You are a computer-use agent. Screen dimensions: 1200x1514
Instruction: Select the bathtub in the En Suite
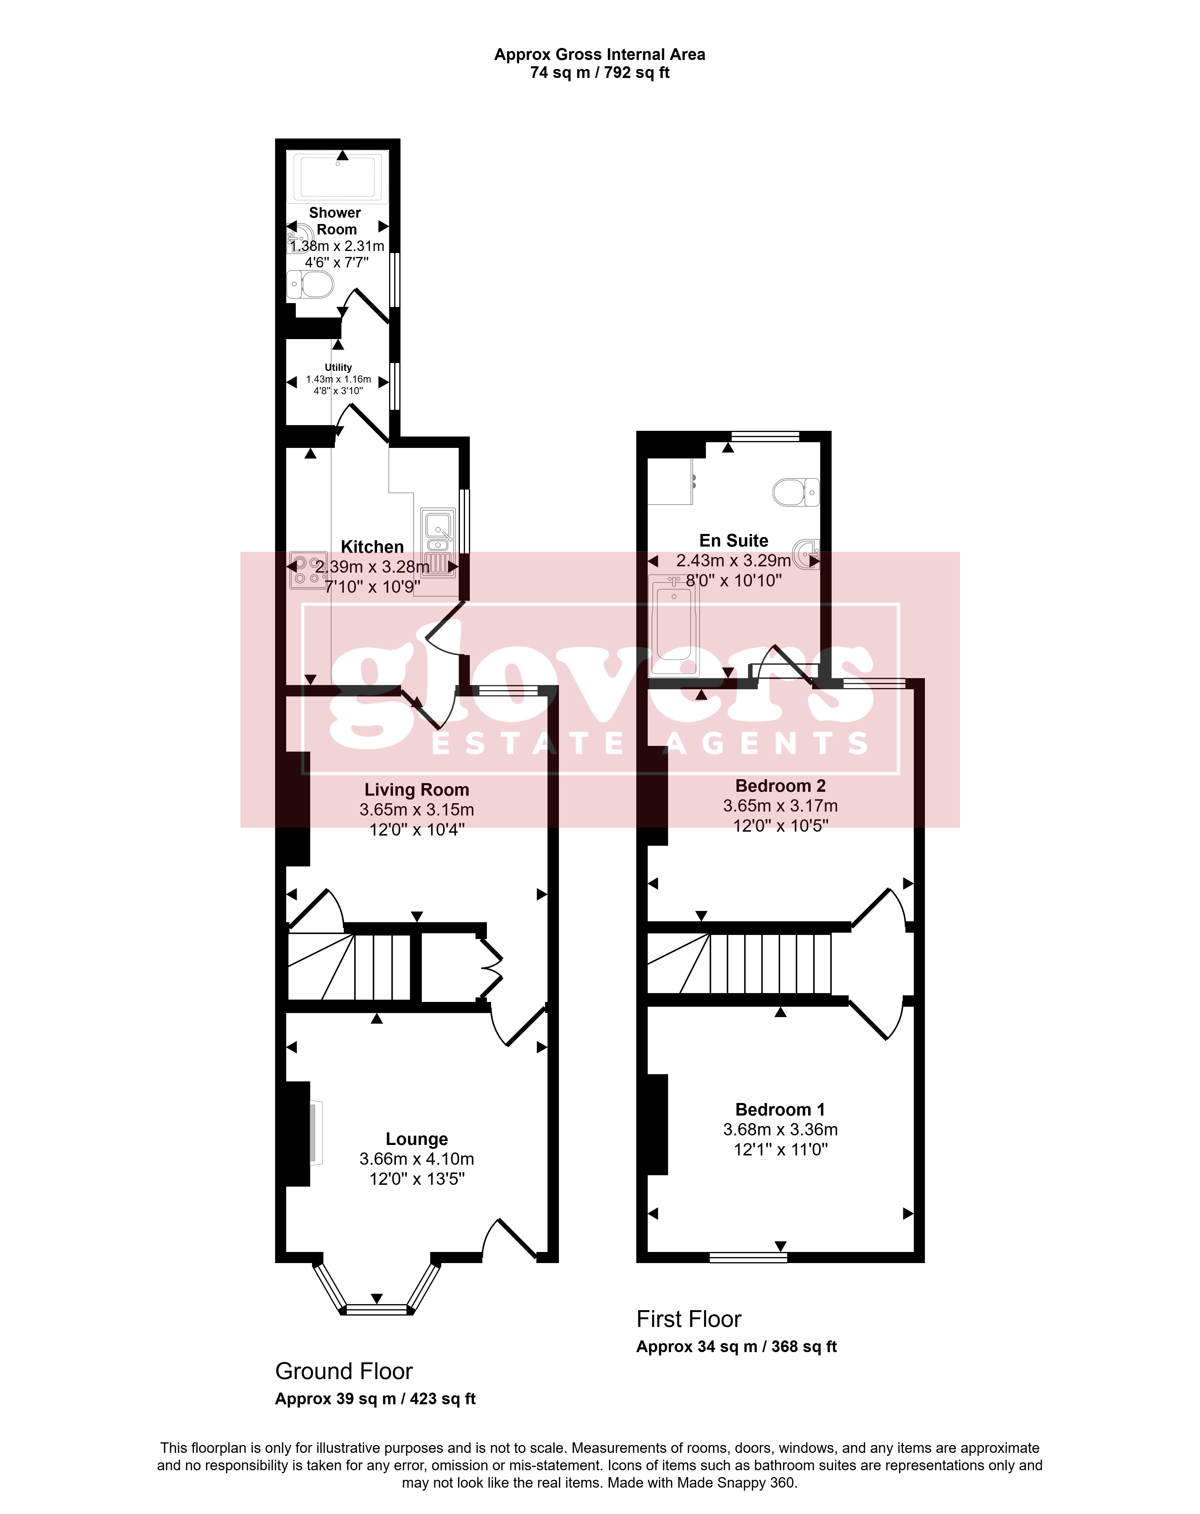pyautogui.click(x=674, y=624)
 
